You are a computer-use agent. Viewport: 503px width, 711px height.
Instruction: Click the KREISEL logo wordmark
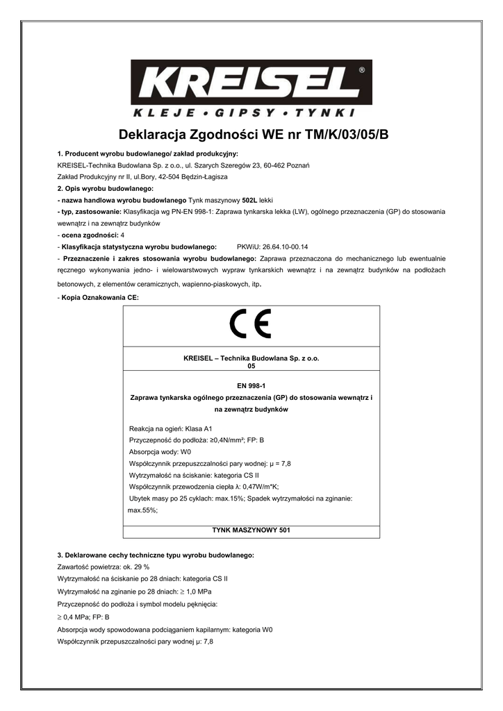click(x=251, y=83)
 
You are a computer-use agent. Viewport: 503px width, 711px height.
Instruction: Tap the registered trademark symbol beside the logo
click(x=361, y=70)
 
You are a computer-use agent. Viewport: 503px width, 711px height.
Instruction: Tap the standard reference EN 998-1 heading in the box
click(x=251, y=386)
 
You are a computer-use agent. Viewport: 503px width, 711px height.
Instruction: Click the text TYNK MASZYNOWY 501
click(x=251, y=530)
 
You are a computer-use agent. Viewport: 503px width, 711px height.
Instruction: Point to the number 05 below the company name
click(x=251, y=365)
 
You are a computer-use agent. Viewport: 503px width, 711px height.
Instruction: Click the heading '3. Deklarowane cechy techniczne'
click(x=156, y=555)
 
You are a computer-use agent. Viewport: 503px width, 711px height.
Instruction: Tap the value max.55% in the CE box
click(x=143, y=510)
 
